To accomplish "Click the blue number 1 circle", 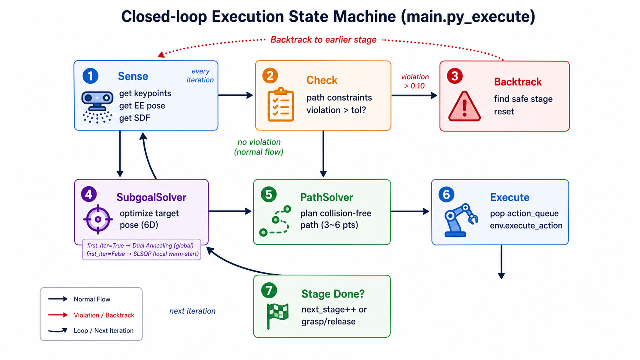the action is click(x=90, y=76).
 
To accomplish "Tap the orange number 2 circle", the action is click(x=270, y=76).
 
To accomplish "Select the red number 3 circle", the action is click(x=455, y=76).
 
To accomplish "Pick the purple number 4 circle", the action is click(x=89, y=194).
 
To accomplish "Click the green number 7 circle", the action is click(x=269, y=290).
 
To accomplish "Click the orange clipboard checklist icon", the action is click(x=281, y=104).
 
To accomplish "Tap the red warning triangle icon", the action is click(x=464, y=106).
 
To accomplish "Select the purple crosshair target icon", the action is click(x=98, y=219).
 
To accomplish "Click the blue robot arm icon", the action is click(x=460, y=220).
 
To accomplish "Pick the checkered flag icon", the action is click(x=277, y=316).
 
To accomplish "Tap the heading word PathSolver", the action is click(x=327, y=197).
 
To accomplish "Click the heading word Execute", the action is click(x=509, y=197).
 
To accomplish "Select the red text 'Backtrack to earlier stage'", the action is click(x=323, y=39).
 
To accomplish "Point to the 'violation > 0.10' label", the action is click(x=415, y=81).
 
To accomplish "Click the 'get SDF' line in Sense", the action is click(x=135, y=118).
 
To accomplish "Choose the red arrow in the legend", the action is click(x=58, y=315).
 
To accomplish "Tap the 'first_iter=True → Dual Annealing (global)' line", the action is click(x=140, y=246).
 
